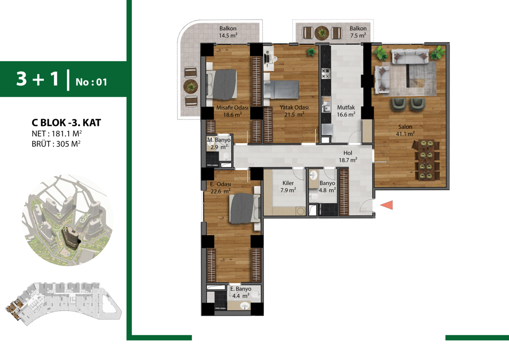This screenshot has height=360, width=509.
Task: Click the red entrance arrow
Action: point(386,205)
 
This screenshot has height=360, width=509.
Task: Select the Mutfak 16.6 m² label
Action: point(346,111)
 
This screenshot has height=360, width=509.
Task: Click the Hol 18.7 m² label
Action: point(348,156)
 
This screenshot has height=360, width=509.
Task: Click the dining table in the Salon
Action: point(426,160)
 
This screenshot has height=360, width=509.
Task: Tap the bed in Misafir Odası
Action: point(221,84)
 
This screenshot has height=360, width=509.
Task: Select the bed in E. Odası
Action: point(245,208)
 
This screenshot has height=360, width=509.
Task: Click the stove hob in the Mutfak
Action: point(326,73)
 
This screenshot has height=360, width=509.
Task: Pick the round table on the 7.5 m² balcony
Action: point(322,33)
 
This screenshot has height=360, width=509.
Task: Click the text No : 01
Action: point(91,82)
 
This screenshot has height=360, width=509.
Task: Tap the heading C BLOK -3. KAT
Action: point(66,123)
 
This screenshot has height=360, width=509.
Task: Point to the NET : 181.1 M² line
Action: point(56,134)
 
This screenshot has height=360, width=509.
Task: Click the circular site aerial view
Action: point(67,220)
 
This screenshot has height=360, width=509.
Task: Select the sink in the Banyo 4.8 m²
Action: point(313,175)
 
